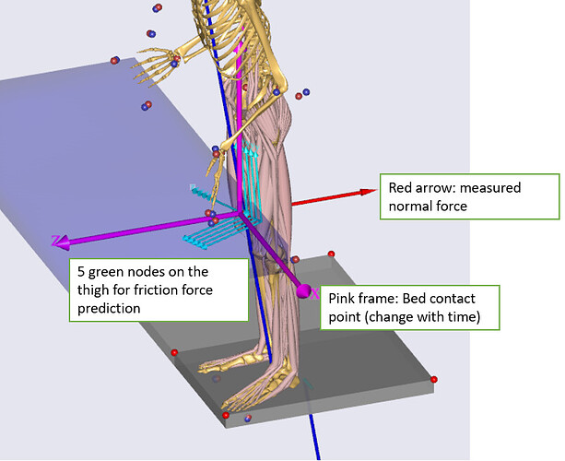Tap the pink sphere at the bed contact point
click(x=303, y=292)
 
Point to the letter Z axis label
click(x=56, y=242)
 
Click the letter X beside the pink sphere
click(x=315, y=294)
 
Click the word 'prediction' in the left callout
click(x=109, y=309)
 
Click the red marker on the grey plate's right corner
click(x=434, y=379)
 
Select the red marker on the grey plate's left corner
click(x=174, y=352)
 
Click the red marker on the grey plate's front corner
click(x=226, y=417)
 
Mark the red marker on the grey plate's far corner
click(x=331, y=254)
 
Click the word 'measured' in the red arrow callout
click(x=490, y=188)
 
